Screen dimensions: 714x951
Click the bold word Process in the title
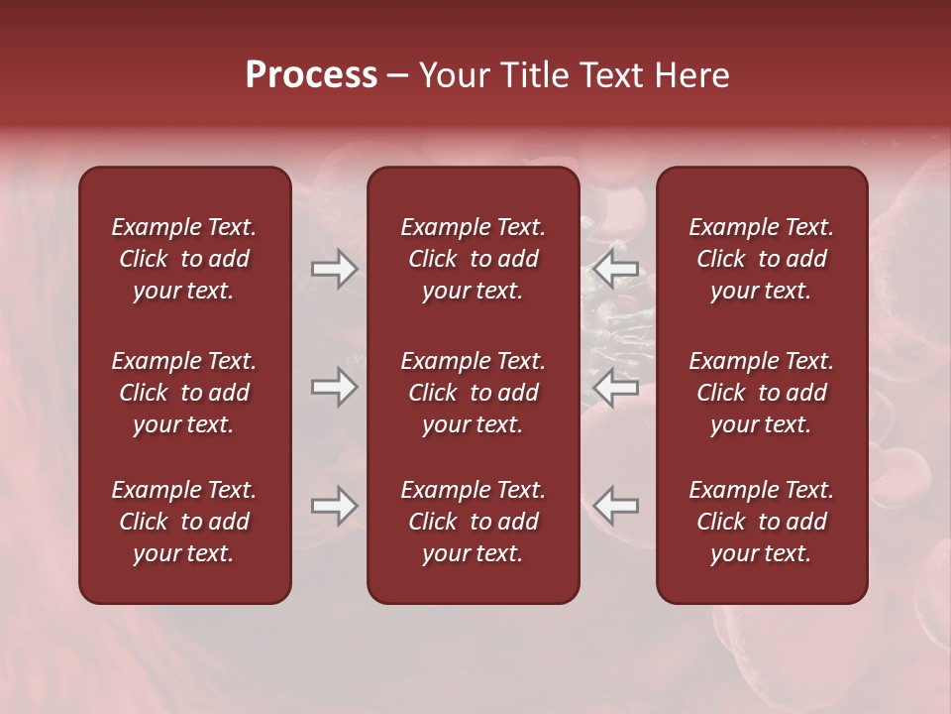311,75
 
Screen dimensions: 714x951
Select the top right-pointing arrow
334,269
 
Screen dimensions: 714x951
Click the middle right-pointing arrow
334,388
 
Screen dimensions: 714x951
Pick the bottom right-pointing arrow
334,506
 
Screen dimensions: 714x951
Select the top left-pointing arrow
616,269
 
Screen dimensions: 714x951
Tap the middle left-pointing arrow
616,388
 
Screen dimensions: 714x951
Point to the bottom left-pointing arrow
616,506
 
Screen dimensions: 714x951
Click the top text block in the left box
184,259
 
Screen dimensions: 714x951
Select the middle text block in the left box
184,393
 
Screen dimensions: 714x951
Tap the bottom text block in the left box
184,522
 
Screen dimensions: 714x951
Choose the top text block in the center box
473,259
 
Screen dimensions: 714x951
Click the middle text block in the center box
473,393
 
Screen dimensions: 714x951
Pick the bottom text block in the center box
473,522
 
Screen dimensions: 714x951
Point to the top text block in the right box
761,259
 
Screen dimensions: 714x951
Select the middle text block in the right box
761,393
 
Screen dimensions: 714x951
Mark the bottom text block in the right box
761,522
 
